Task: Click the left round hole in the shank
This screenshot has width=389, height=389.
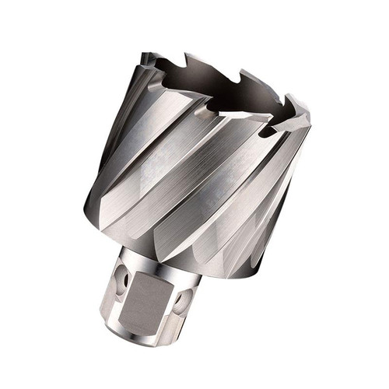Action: (x=122, y=276)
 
